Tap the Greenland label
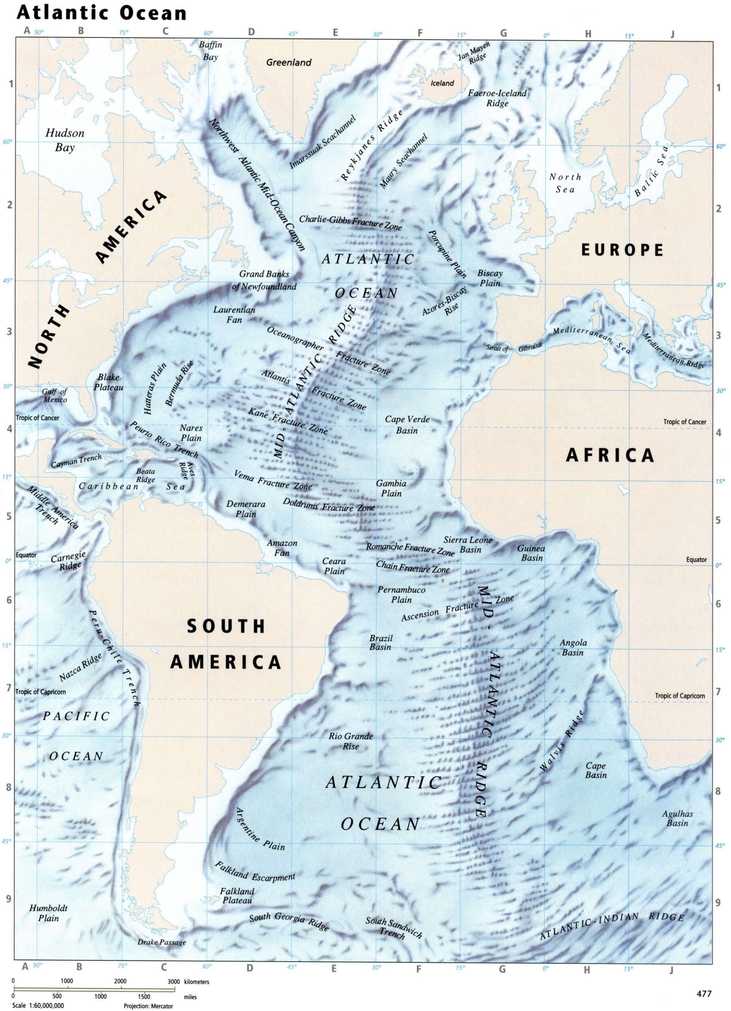(288, 63)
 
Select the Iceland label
(442, 83)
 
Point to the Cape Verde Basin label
(407, 425)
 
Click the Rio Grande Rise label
(351, 741)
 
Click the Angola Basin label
(573, 648)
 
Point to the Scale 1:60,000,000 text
(38, 1005)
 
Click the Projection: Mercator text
(148, 1006)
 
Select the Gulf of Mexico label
(55, 395)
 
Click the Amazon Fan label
(282, 548)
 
